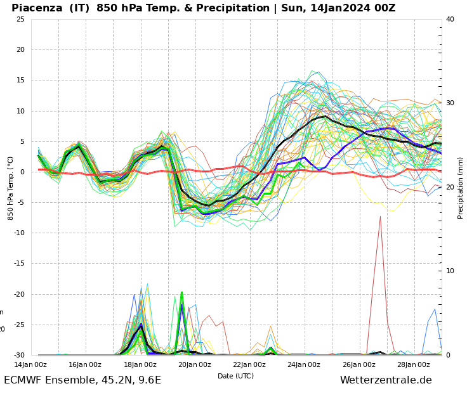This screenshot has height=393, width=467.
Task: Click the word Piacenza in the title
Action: coord(39,8)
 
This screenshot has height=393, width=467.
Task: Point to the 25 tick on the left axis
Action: coord(20,19)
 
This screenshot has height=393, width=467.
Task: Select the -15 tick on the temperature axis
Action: coord(18,264)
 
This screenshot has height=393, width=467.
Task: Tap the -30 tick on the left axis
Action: coord(18,355)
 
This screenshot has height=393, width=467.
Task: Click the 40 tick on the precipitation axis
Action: coord(450,19)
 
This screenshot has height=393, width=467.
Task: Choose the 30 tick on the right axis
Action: coord(450,103)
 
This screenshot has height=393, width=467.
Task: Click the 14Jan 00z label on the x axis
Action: coord(30,364)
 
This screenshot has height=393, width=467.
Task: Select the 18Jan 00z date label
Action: coord(140,364)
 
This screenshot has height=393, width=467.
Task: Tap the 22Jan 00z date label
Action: coord(249,364)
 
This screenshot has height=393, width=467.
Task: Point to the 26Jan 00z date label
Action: coord(359,364)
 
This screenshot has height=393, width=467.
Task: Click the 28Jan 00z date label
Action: coord(414,364)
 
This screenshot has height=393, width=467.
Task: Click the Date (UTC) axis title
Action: coord(235,376)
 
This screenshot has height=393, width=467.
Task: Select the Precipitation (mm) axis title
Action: coord(461,188)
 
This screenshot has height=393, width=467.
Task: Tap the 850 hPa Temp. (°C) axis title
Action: coord(11,188)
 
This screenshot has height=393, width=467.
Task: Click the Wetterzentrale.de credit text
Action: coord(386,380)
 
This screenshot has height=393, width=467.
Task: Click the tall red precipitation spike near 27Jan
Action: coord(380,219)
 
